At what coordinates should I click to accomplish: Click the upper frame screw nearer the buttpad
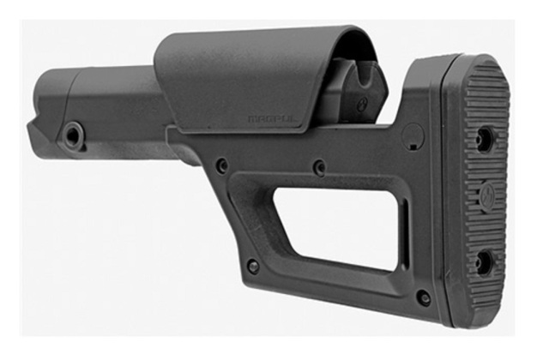point(319,167)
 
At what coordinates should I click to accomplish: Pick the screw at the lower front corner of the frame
point(253,266)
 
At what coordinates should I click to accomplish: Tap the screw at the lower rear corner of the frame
point(423,297)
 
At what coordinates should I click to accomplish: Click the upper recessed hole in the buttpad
point(485,140)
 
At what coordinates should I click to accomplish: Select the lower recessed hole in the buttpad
point(484,262)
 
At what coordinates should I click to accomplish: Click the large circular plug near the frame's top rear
point(413,135)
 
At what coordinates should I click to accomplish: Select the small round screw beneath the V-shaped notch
point(361,104)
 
